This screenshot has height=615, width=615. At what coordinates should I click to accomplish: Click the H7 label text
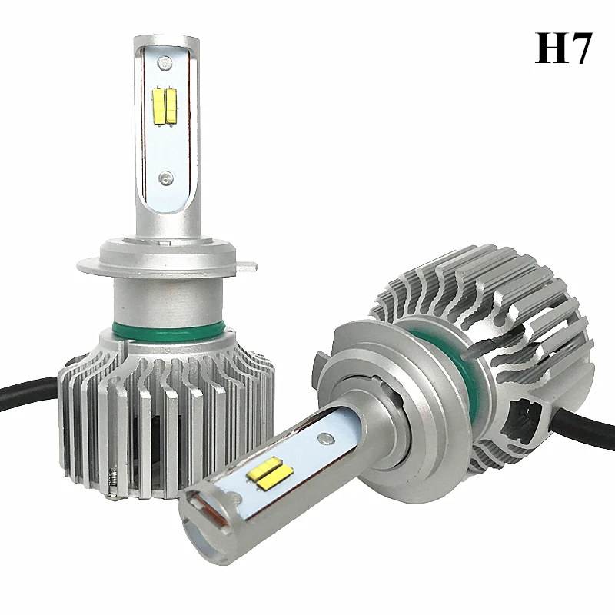coord(563,48)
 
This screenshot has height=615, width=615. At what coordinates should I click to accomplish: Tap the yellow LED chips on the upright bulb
coord(165,105)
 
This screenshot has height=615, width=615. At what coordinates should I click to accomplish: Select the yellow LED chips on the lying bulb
coord(270,474)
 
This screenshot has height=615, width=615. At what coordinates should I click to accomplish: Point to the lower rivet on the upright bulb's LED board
coord(165,178)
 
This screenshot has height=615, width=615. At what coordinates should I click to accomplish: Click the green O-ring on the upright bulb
coord(168,331)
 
